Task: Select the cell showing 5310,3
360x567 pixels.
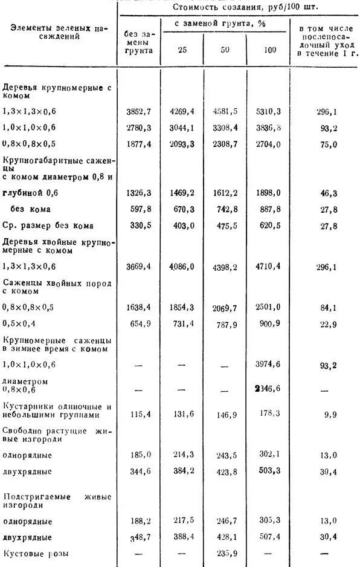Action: click(x=269, y=112)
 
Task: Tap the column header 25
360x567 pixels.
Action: click(x=182, y=50)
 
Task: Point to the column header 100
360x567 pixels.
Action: click(x=269, y=50)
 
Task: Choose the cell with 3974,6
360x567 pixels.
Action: click(x=269, y=365)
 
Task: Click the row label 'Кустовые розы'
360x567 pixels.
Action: click(x=36, y=553)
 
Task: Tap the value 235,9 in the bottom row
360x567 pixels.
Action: click(x=225, y=553)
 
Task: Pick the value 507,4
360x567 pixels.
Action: click(x=269, y=537)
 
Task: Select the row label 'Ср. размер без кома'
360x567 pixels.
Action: click(x=48, y=226)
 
